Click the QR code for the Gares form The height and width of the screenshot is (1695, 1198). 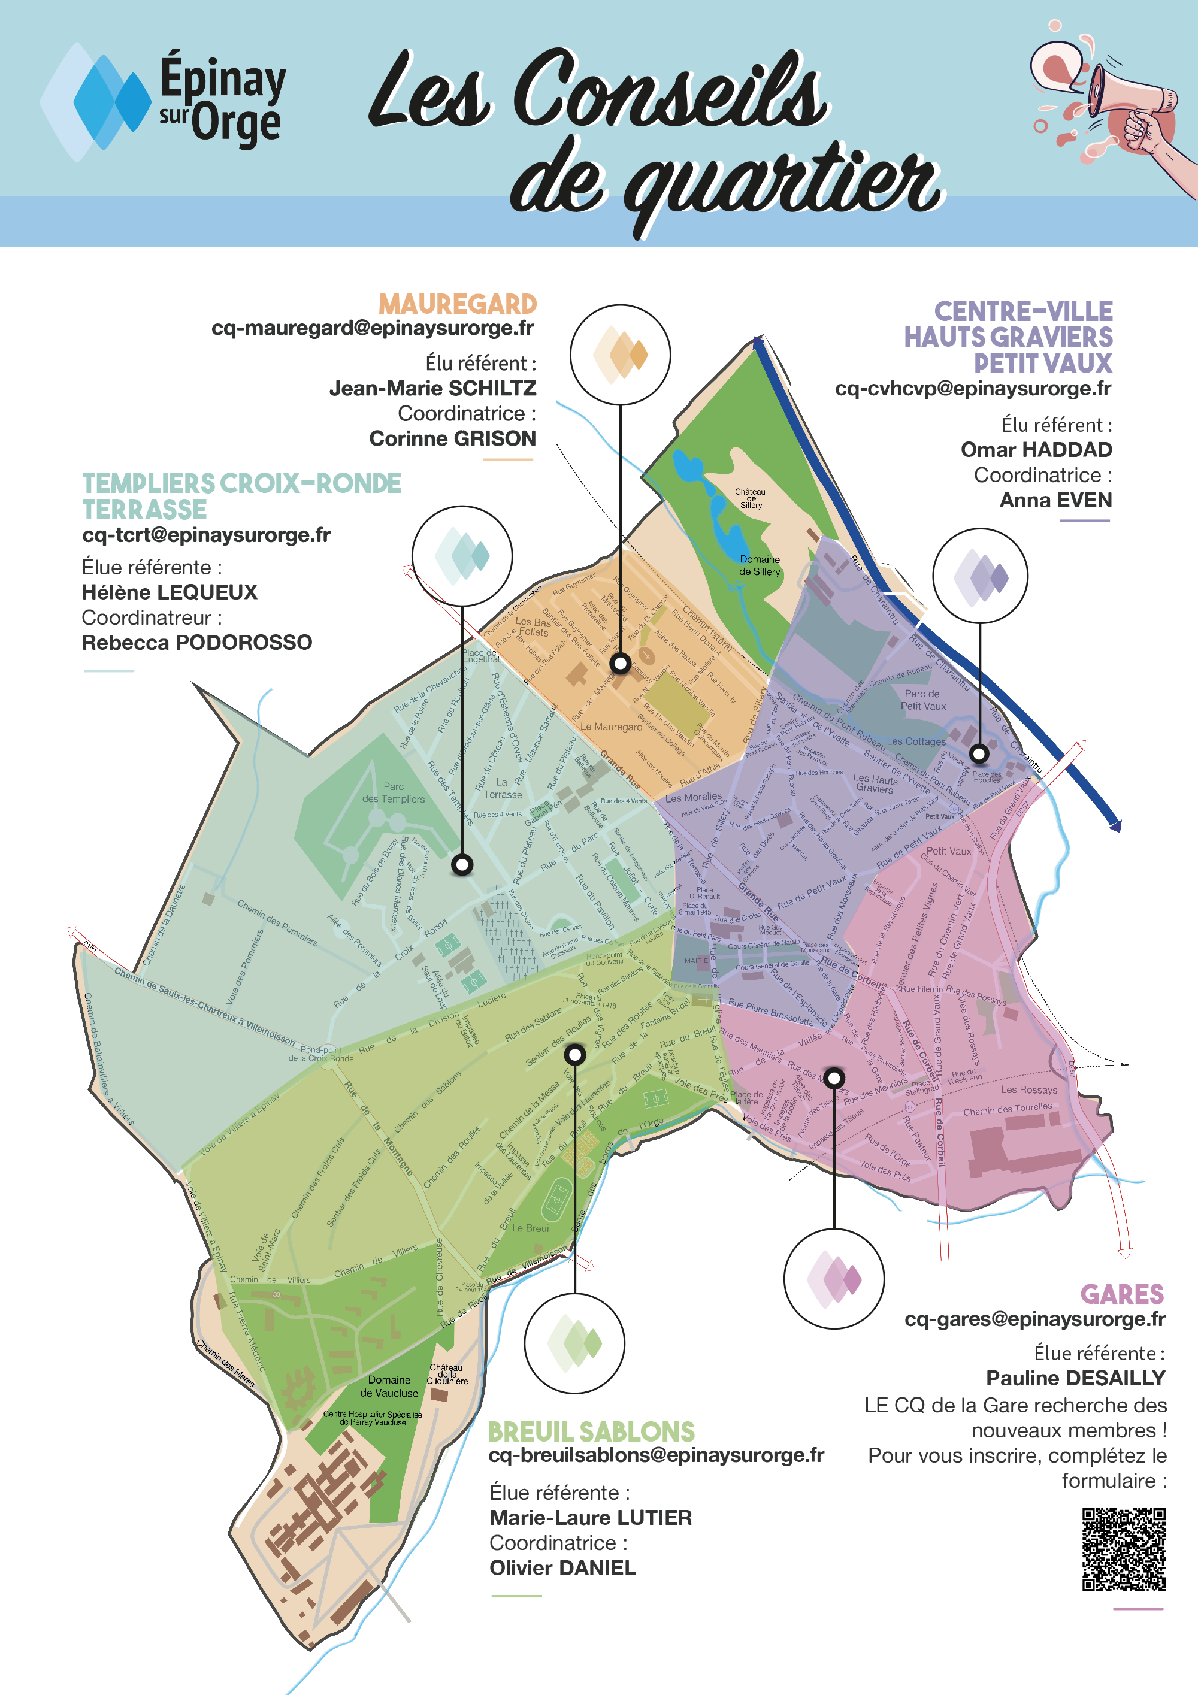pyautogui.click(x=1124, y=1549)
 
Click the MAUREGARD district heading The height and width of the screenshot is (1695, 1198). pyautogui.click(x=458, y=304)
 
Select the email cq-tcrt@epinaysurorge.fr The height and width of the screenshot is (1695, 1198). pyautogui.click(x=206, y=534)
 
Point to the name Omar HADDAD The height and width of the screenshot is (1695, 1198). pyautogui.click(x=1036, y=450)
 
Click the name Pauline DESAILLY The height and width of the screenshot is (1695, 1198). pyautogui.click(x=1075, y=1378)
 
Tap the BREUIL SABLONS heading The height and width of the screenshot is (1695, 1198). pyautogui.click(x=591, y=1431)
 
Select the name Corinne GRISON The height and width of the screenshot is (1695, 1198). pyautogui.click(x=452, y=438)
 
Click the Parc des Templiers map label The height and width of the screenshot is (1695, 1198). pyautogui.click(x=394, y=793)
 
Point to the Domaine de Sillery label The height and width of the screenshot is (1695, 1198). pyautogui.click(x=760, y=565)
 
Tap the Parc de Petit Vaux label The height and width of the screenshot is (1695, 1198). pyautogui.click(x=922, y=700)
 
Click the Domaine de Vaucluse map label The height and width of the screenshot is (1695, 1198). pyautogui.click(x=389, y=1387)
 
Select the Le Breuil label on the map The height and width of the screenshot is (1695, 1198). pyautogui.click(x=531, y=1228)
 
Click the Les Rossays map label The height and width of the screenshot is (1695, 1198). pyautogui.click(x=1029, y=1089)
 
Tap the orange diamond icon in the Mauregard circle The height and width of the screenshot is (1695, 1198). pyautogui.click(x=620, y=355)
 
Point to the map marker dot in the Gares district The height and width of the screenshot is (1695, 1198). pyautogui.click(x=834, y=1078)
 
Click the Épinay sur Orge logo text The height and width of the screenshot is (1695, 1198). pyautogui.click(x=222, y=99)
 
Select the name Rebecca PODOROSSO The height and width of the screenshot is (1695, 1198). pyautogui.click(x=197, y=642)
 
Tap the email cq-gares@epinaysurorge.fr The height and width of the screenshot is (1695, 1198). pyautogui.click(x=1035, y=1319)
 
